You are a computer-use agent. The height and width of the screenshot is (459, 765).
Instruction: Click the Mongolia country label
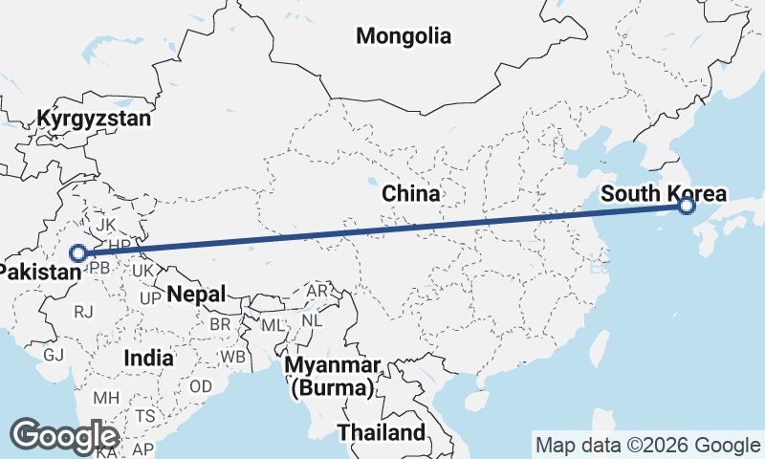click(x=403, y=36)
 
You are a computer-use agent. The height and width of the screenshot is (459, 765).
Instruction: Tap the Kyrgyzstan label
click(x=94, y=119)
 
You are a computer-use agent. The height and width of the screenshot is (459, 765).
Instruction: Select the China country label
click(x=411, y=193)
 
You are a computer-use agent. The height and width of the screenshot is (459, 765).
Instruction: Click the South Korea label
click(x=663, y=194)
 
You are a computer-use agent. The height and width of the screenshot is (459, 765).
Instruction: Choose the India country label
click(x=148, y=358)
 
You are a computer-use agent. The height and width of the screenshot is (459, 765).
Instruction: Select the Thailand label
click(x=381, y=432)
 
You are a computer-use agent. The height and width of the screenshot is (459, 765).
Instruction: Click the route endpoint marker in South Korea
click(x=686, y=206)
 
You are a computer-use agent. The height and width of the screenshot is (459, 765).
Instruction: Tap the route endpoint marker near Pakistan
click(x=79, y=253)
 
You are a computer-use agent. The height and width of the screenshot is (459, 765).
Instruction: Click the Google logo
click(x=65, y=436)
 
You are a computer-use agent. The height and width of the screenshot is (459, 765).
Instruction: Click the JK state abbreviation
click(x=106, y=227)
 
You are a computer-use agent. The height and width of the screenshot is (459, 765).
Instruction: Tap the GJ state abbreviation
click(x=54, y=354)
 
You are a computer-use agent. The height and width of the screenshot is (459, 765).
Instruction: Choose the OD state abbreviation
click(x=201, y=386)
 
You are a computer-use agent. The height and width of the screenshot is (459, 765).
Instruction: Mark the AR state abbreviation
click(x=317, y=290)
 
